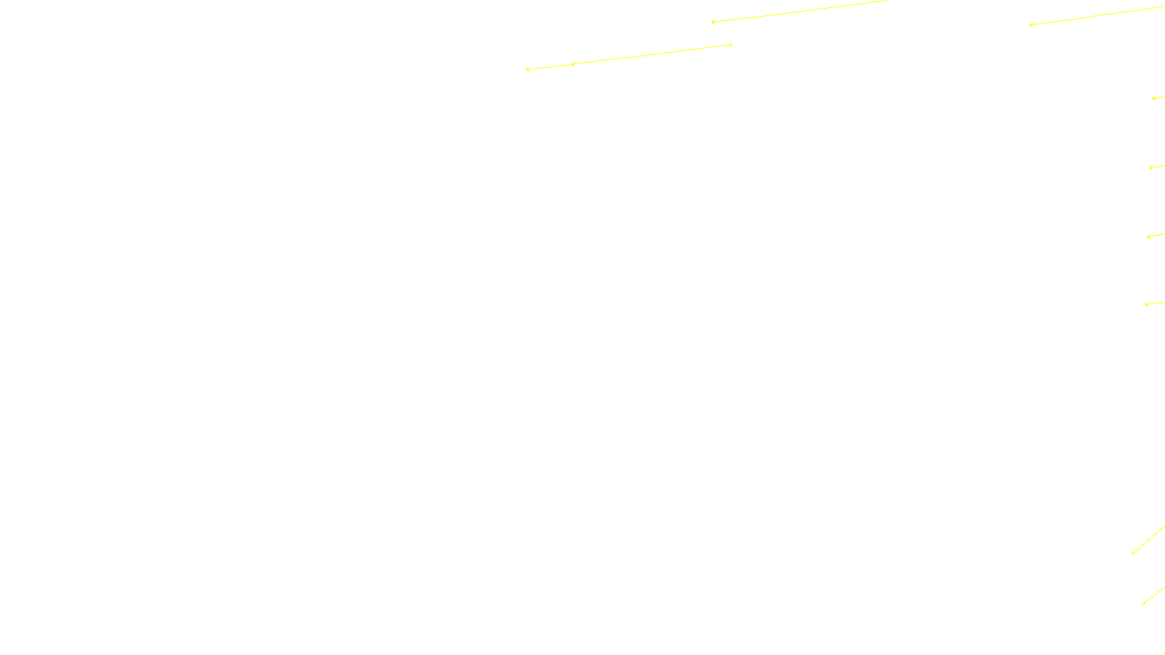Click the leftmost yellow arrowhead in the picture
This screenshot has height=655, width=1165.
click(527, 69)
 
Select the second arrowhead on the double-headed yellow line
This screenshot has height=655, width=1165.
click(572, 64)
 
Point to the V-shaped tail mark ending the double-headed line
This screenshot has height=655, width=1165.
click(730, 44)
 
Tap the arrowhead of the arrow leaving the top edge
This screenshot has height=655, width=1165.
click(713, 22)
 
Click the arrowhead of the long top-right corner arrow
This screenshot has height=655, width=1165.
click(1030, 25)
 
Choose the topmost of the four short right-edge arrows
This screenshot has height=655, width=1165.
click(1153, 98)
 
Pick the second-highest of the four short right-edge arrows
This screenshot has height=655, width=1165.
click(1150, 167)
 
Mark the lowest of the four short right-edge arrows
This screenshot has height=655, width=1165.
click(1146, 304)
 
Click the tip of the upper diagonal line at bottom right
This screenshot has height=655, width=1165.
click(1133, 553)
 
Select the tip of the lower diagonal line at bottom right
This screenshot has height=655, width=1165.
click(1143, 603)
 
